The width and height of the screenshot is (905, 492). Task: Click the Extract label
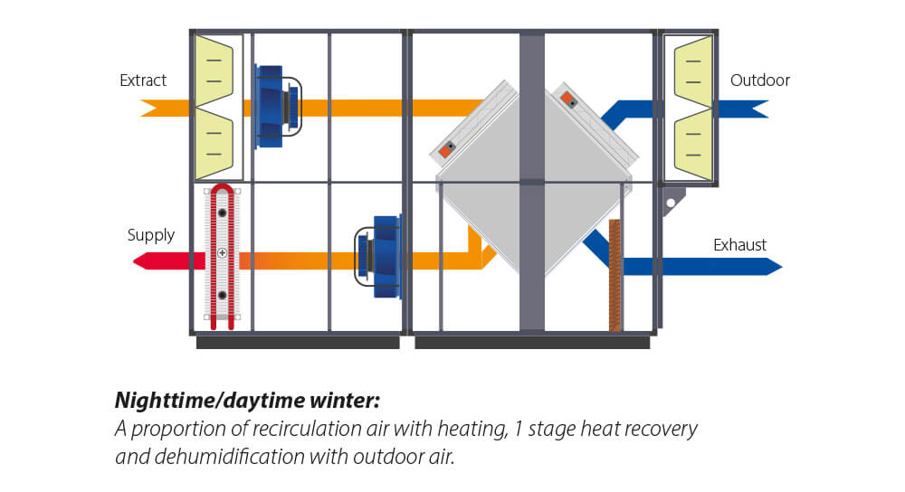[x=143, y=80]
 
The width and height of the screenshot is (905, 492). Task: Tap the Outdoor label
[x=759, y=80]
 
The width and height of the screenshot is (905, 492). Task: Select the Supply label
[x=150, y=235]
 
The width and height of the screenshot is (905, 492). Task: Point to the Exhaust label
[x=739, y=245]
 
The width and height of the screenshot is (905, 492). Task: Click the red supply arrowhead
[x=143, y=261]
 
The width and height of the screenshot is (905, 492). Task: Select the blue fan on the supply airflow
[x=378, y=256]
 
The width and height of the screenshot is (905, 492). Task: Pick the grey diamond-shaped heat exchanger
[x=532, y=181]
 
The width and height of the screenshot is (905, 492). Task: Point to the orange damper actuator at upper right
[x=567, y=98]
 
